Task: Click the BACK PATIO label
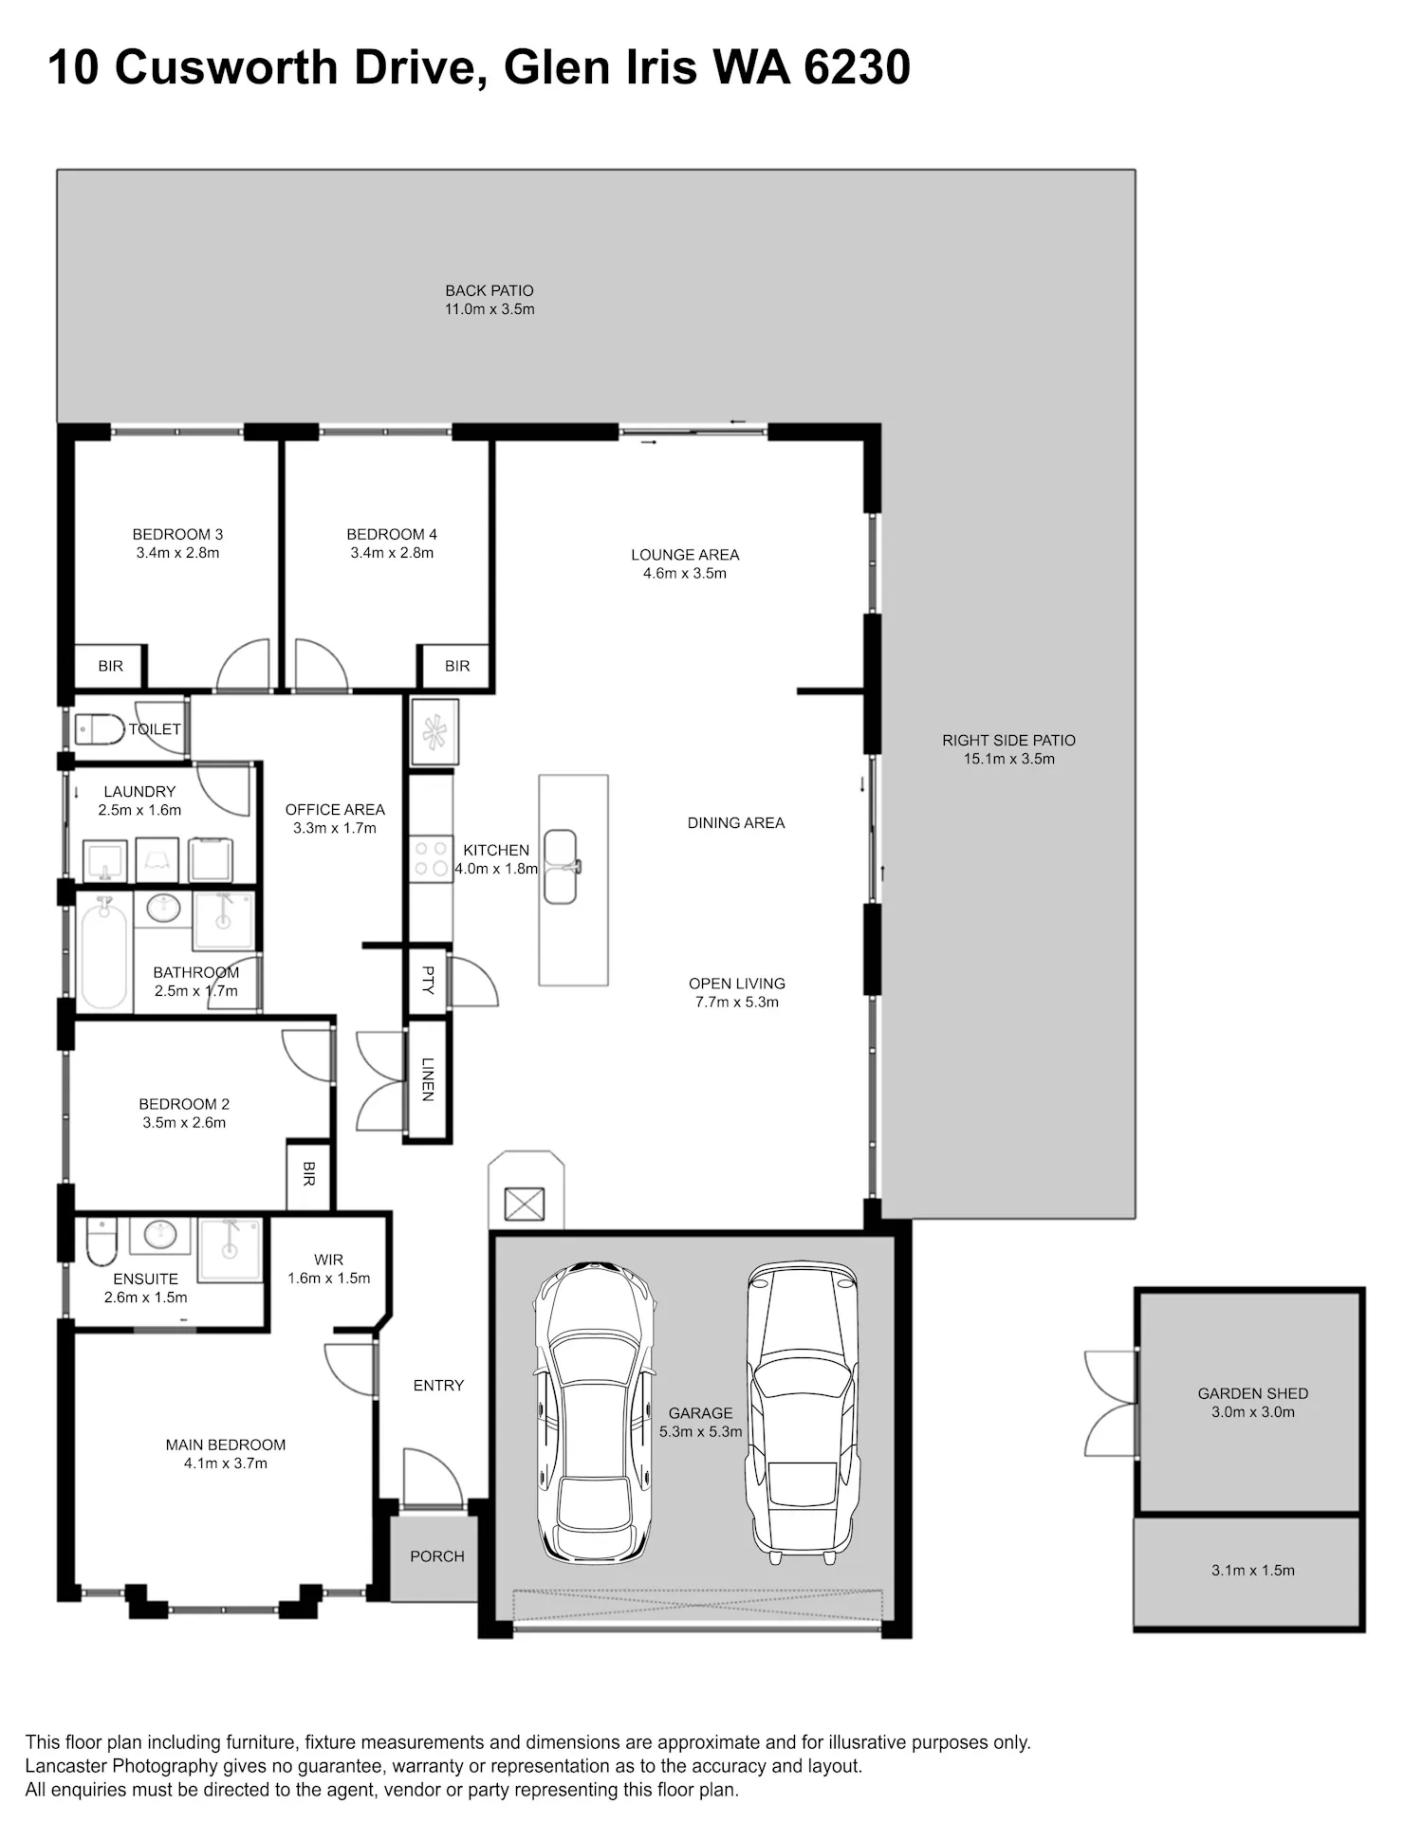490,291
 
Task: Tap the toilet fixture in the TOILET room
100,729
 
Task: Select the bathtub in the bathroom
103,954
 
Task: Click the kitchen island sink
561,866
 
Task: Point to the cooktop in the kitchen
432,858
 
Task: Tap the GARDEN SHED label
1252,1393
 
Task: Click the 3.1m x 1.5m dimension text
1252,1570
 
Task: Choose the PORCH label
437,1556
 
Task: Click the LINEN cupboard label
428,1079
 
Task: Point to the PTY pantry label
428,980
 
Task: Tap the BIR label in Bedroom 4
457,666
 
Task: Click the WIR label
328,1260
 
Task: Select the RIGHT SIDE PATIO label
1008,740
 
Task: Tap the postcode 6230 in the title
857,67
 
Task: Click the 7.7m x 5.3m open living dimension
737,1002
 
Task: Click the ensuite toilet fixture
101,1242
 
